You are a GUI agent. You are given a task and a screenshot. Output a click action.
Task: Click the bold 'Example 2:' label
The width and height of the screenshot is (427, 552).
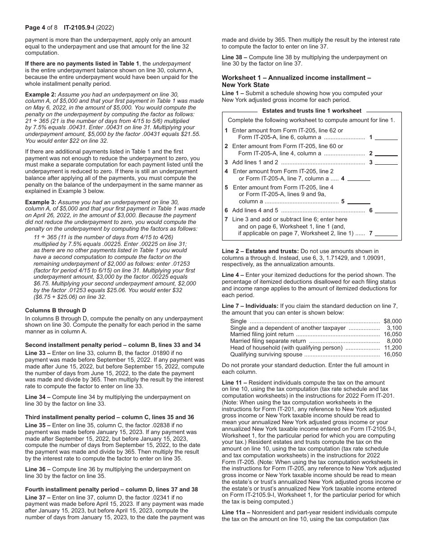(40, 95)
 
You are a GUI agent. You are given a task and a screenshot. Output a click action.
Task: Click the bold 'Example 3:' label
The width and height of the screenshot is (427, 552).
(40, 202)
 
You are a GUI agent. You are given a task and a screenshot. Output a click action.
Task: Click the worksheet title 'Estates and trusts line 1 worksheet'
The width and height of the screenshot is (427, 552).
(311, 111)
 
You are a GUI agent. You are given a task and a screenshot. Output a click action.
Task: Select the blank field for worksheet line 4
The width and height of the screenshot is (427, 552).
(359, 178)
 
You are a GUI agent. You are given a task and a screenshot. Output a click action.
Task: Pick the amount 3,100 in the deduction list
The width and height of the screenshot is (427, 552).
(394, 328)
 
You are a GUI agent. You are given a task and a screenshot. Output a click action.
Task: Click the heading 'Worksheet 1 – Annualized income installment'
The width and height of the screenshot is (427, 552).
(296, 78)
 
